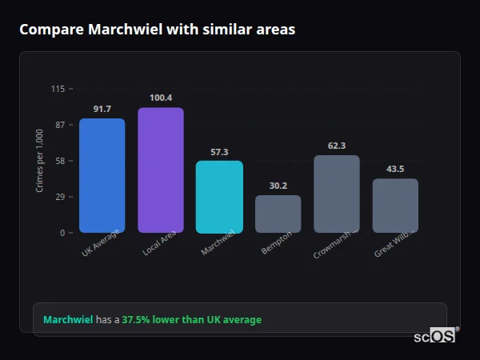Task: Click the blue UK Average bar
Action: pyautogui.click(x=102, y=175)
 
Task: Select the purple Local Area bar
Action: pyautogui.click(x=161, y=170)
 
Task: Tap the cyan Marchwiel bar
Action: pyautogui.click(x=219, y=197)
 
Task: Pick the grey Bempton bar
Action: pyautogui.click(x=278, y=214)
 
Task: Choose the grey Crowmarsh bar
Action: pyautogui.click(x=337, y=194)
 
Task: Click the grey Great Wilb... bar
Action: pyautogui.click(x=395, y=206)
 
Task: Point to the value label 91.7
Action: pyautogui.click(x=102, y=109)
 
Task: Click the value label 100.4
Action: pyautogui.click(x=161, y=98)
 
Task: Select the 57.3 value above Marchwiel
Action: pyautogui.click(x=219, y=151)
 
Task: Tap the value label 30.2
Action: pyautogui.click(x=278, y=186)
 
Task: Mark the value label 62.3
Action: pyautogui.click(x=337, y=146)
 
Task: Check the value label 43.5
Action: pyautogui.click(x=395, y=169)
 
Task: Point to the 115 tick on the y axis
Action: pyautogui.click(x=58, y=89)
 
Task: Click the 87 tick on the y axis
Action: pyautogui.click(x=60, y=125)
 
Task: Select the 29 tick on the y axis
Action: pyautogui.click(x=60, y=197)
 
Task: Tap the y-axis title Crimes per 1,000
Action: pyautogui.click(x=40, y=161)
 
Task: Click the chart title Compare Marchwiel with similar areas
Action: pyautogui.click(x=157, y=30)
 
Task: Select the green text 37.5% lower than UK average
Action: pyautogui.click(x=191, y=320)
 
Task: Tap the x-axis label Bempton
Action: pyautogui.click(x=277, y=244)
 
